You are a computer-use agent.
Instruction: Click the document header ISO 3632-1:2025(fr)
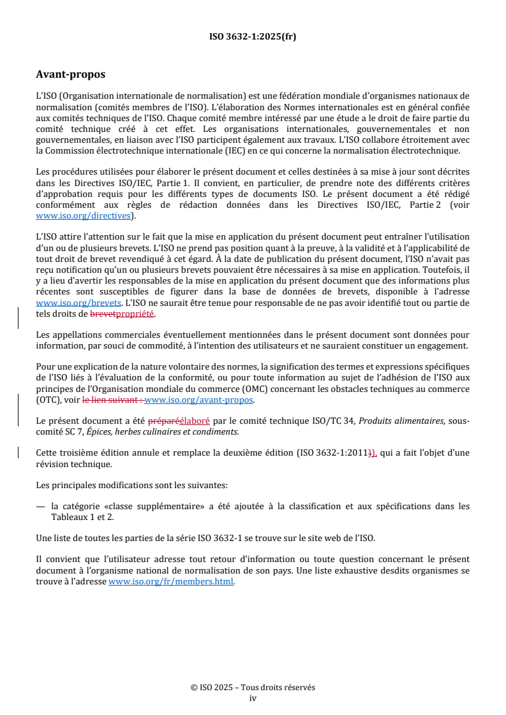point(253,37)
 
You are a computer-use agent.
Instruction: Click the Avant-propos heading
point(71,75)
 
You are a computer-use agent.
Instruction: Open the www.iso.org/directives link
point(85,216)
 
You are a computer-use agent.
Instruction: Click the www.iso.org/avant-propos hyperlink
point(199,400)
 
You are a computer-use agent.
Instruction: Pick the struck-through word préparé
point(164,421)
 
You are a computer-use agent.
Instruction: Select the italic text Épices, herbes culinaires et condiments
point(167,431)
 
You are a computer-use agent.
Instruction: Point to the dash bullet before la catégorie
point(40,507)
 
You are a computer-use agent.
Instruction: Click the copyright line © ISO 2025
point(253,688)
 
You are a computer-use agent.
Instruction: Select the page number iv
point(253,698)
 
